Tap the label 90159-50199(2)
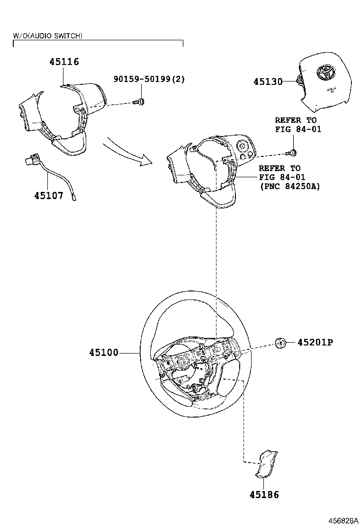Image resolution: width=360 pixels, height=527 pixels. [x=149, y=79]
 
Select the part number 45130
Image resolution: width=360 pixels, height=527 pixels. [x=268, y=82]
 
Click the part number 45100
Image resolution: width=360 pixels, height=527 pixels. [x=104, y=353]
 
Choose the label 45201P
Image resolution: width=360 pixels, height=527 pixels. [x=315, y=342]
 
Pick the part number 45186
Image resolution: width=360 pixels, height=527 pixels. [x=264, y=495]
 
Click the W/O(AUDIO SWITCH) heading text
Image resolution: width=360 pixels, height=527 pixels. [x=47, y=36]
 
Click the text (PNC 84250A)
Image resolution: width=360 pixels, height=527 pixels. [x=290, y=186]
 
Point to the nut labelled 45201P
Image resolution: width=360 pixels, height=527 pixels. [x=280, y=343]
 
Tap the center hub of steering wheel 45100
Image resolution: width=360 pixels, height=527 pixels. [x=182, y=363]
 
